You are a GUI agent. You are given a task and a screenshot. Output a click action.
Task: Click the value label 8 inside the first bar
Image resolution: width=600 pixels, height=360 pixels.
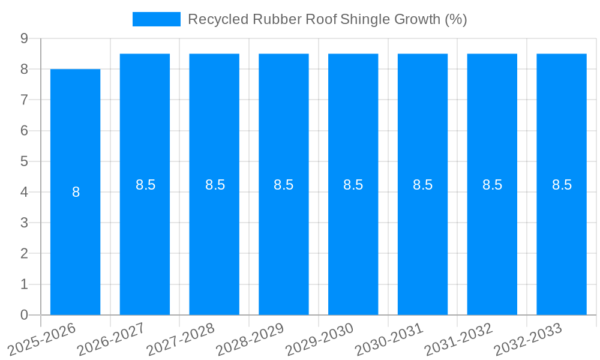coord(76,193)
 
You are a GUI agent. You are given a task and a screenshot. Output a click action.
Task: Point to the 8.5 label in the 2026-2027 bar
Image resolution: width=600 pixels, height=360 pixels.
coord(145,185)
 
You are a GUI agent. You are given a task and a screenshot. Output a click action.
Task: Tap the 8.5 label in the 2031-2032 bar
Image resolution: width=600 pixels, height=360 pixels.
coord(492,185)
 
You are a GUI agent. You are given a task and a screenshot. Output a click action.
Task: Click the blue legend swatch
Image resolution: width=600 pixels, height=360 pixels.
coord(156,19)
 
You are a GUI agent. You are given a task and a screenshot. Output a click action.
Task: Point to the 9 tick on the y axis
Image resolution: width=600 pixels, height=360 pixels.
coord(24,38)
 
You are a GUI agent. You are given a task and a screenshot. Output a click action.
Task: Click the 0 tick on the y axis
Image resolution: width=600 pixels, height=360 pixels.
coord(24,315)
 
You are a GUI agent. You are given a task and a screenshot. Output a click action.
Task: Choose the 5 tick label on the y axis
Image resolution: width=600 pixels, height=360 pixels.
coord(24,161)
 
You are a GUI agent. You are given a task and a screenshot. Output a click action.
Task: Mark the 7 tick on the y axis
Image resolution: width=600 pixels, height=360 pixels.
coord(24,100)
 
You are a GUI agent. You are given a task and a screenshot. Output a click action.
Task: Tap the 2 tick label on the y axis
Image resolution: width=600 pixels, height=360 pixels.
coord(24,254)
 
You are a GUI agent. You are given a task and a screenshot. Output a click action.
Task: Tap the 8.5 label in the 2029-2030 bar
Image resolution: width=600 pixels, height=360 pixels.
coord(353,185)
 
